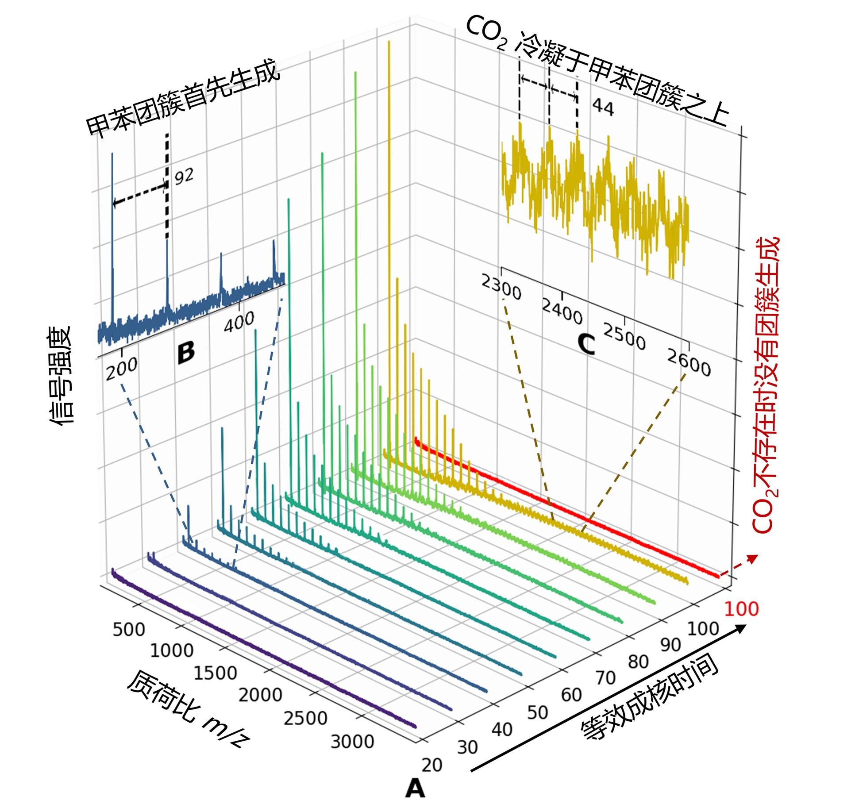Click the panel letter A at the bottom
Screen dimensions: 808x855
coord(415,788)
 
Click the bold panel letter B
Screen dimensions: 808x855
coord(186,353)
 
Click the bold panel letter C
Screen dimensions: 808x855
coord(586,344)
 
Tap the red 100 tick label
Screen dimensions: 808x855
coord(741,609)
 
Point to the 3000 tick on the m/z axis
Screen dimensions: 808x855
coord(352,741)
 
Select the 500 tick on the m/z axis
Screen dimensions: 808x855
coord(129,629)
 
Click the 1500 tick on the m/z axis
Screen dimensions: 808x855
coord(215,673)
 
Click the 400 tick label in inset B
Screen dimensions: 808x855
coord(239,322)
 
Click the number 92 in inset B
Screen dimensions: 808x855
coord(184,177)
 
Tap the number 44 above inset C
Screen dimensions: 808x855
coord(603,107)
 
